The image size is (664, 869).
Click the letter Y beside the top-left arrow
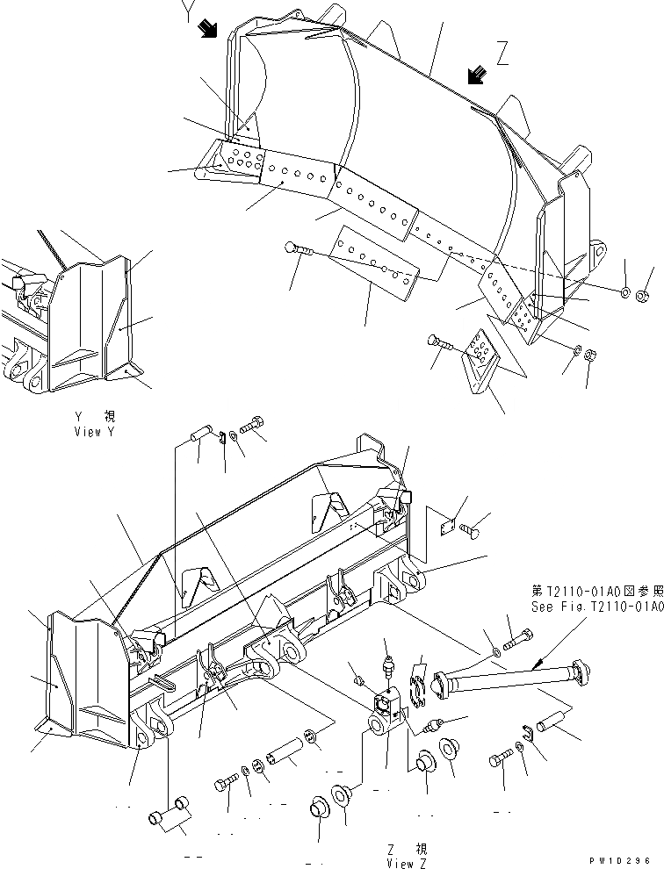(185, 13)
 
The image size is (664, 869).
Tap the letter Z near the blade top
(502, 55)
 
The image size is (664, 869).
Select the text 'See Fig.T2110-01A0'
(595, 607)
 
